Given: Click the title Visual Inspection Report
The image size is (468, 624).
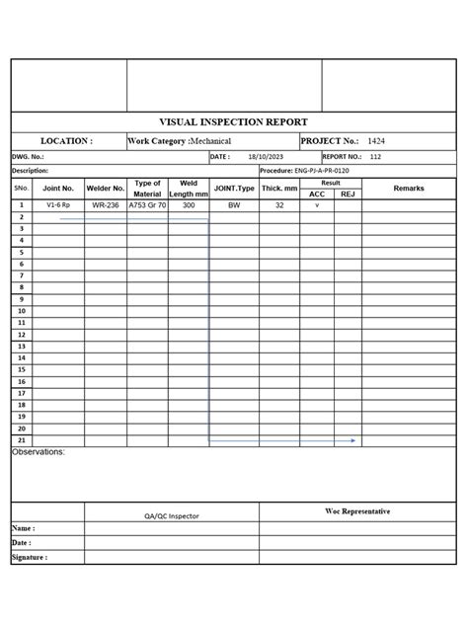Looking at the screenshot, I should [233, 122].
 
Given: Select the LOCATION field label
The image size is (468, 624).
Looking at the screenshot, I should [66, 141].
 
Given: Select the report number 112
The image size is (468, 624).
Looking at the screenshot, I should [376, 156].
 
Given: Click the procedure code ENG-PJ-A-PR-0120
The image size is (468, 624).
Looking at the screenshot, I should [319, 170].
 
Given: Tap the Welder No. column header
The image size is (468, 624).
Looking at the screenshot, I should [106, 188].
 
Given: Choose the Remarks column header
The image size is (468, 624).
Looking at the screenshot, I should [408, 188].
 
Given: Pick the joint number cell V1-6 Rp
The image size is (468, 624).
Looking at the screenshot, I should [58, 205].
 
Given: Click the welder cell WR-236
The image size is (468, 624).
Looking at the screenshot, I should [106, 205].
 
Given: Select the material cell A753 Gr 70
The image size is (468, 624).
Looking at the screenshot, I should [147, 205].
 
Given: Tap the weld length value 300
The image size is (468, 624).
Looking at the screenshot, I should [189, 205].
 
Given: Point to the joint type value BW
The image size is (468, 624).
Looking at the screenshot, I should [234, 205].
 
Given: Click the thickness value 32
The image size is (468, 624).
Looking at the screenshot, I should [279, 205].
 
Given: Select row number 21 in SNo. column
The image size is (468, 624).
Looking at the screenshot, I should [22, 440].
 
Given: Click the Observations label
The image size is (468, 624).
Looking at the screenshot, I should [39, 451].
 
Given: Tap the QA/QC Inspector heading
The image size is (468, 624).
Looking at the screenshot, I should [171, 515].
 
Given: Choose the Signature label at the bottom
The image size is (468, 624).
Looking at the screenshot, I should [30, 557].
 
